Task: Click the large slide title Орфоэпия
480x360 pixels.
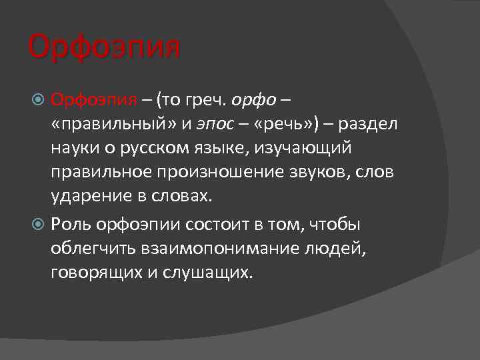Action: pos(105,48)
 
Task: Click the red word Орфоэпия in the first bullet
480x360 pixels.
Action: pos(94,101)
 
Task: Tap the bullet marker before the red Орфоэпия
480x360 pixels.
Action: pos(39,101)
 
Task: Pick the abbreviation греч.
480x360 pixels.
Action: pos(208,101)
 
